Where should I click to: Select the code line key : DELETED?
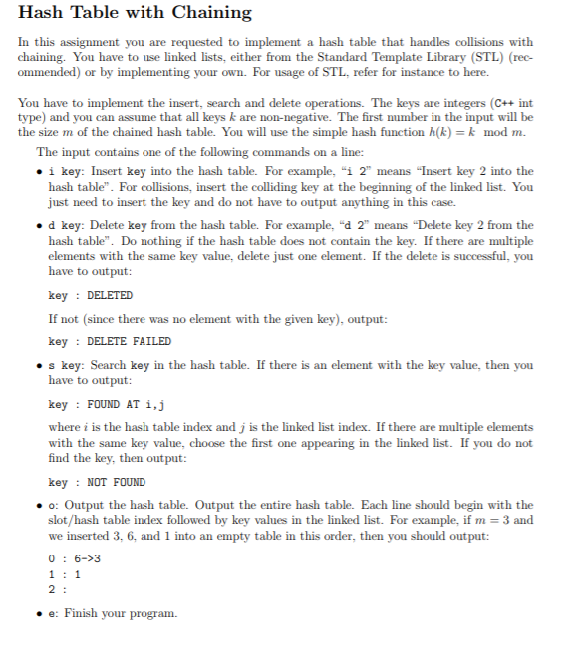pyautogui.click(x=90, y=296)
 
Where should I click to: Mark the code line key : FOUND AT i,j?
pyautogui.click(x=106, y=405)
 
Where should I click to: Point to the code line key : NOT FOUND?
pyautogui.click(x=97, y=482)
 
